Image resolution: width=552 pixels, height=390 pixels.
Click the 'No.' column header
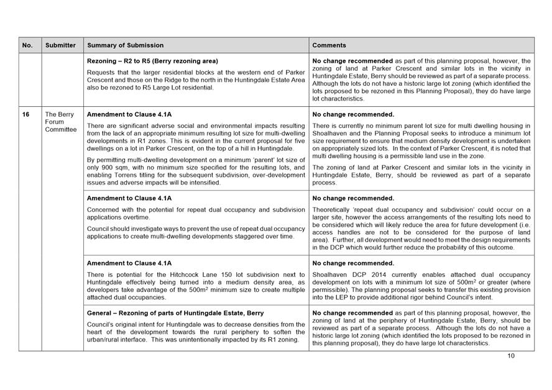click(x=27, y=45)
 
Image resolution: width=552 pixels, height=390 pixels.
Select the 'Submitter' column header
click(x=60, y=45)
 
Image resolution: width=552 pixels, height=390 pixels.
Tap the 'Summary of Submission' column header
click(x=126, y=45)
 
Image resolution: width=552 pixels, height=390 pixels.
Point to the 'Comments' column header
click(x=329, y=45)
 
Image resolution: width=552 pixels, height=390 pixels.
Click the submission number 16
click(x=27, y=114)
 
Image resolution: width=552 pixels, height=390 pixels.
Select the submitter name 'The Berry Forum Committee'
click(x=60, y=122)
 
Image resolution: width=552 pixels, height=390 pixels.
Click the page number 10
click(x=511, y=356)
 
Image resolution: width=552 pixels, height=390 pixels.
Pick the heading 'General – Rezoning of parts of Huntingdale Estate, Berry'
click(x=175, y=313)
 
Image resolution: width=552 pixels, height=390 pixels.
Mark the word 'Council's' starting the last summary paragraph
click(x=99, y=324)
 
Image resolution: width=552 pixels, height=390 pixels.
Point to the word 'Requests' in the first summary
click(x=102, y=72)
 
